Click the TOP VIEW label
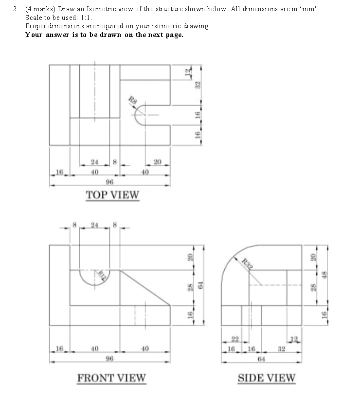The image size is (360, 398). click(x=112, y=195)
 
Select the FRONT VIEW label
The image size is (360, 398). click(x=111, y=378)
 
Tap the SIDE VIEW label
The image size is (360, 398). click(x=266, y=378)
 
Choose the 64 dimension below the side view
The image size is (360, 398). click(x=261, y=359)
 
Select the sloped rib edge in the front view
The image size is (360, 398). click(x=145, y=288)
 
